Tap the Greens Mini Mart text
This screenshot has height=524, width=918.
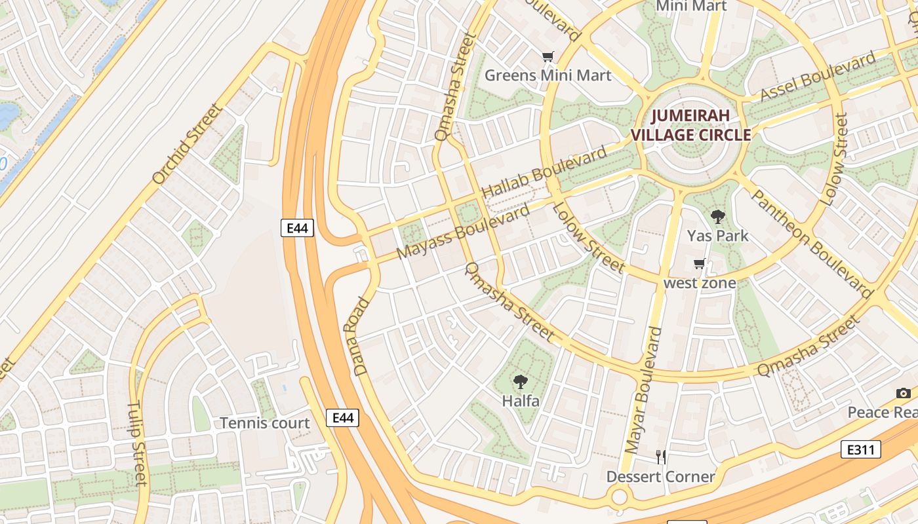[548, 75]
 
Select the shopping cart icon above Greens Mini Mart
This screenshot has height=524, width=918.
[548, 57]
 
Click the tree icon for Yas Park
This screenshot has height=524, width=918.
[718, 216]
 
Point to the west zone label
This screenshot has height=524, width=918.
[699, 283]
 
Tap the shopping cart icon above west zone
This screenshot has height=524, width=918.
[699, 264]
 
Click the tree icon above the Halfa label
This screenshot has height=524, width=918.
[521, 381]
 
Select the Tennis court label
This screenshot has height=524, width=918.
[264, 423]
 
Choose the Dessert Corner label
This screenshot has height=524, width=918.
[660, 476]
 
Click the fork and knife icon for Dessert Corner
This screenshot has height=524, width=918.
[661, 457]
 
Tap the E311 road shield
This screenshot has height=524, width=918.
[860, 449]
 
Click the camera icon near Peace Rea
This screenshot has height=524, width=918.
[904, 393]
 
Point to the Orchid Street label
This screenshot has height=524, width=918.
[188, 143]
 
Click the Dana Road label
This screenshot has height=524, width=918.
[362, 337]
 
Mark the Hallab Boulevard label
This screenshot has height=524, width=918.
[544, 174]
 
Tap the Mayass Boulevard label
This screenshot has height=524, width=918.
[463, 231]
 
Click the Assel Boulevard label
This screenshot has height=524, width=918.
[818, 77]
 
